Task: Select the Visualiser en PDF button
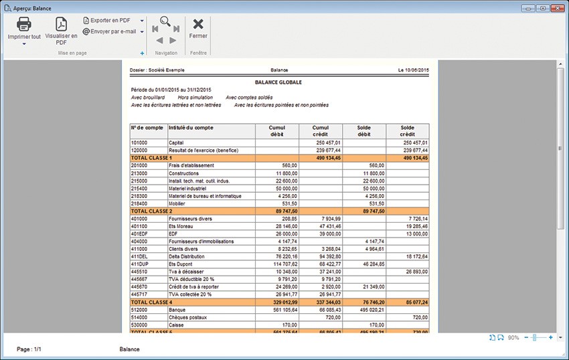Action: (x=61, y=29)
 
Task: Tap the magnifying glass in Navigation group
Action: (x=165, y=21)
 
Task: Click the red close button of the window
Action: (x=558, y=7)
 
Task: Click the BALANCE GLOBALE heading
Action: (x=280, y=82)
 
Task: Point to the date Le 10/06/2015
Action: (x=413, y=70)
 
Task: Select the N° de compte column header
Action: (x=147, y=127)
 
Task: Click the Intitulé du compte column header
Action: (x=191, y=127)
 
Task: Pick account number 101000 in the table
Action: (x=140, y=143)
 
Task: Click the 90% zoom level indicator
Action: (x=513, y=338)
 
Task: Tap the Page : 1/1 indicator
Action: (x=29, y=349)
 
